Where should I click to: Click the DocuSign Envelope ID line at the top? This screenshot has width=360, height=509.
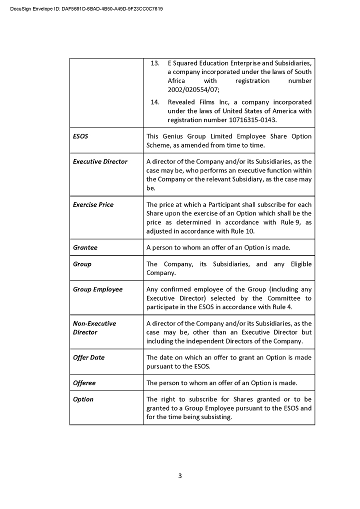pyautogui.click(x=86, y=9)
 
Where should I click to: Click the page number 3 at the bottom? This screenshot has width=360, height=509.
pyautogui.click(x=180, y=475)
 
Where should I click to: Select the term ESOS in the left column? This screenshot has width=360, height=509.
pyautogui.click(x=80, y=136)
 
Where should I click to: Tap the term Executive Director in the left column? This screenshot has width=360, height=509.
pyautogui.click(x=100, y=161)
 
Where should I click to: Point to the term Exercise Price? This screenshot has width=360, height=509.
pyautogui.click(x=93, y=204)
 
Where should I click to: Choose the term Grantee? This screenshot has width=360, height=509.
pyautogui.click(x=85, y=247)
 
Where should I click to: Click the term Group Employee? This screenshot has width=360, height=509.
pyautogui.click(x=97, y=289)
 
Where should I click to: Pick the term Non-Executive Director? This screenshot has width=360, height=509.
pyautogui.click(x=94, y=327)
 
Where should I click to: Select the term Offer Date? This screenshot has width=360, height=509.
pyautogui.click(x=88, y=357)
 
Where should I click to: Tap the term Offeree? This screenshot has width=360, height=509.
pyautogui.click(x=84, y=383)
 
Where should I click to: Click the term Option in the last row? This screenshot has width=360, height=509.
pyautogui.click(x=83, y=399)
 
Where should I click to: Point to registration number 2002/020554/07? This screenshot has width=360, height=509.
pyautogui.click(x=192, y=89)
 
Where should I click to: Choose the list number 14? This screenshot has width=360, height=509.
pyautogui.click(x=155, y=102)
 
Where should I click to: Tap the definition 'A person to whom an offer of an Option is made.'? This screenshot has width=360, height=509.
pyautogui.click(x=218, y=247)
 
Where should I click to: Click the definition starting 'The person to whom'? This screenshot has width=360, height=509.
pyautogui.click(x=221, y=383)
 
